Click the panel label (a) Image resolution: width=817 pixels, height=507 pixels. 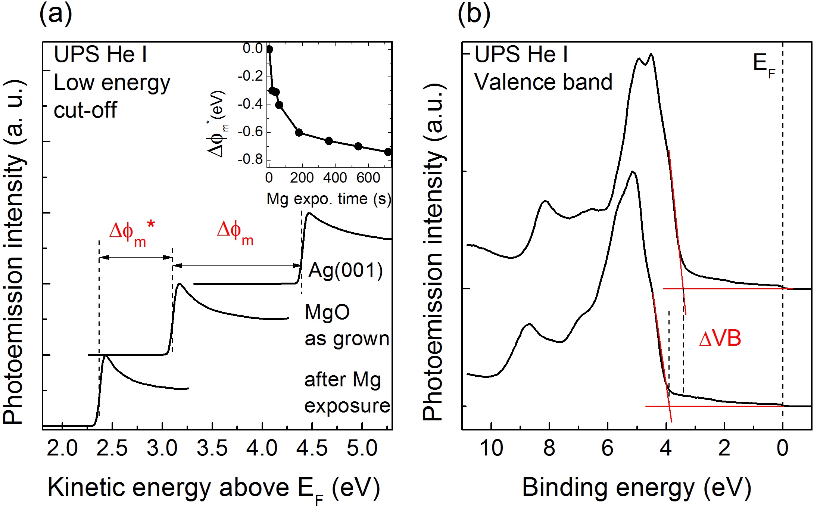[x=56, y=14]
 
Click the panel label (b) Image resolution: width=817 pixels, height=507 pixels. [x=474, y=14]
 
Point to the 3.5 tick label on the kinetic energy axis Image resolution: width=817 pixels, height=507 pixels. [x=212, y=448]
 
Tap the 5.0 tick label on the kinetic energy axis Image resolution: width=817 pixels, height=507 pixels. [x=362, y=448]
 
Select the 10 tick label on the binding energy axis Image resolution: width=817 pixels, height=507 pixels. [x=491, y=448]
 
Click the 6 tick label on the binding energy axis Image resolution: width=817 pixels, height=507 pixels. [x=607, y=448]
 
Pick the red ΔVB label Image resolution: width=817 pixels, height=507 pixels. [x=720, y=339]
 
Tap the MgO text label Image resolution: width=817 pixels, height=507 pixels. [x=327, y=312]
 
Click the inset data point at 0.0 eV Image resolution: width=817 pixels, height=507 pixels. [x=269, y=49]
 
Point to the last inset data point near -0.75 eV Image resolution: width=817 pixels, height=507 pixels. [x=388, y=152]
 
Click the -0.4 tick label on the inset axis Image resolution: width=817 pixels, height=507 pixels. [x=250, y=104]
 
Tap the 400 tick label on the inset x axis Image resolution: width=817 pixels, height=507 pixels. [x=335, y=178]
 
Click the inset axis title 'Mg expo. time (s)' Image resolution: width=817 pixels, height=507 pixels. [x=328, y=199]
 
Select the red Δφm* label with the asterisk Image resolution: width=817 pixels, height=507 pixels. [x=132, y=233]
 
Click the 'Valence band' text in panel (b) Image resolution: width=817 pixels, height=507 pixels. [x=543, y=82]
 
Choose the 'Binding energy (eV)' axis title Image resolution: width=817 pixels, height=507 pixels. [x=636, y=488]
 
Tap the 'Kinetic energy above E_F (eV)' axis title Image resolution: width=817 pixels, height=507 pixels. [x=213, y=488]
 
